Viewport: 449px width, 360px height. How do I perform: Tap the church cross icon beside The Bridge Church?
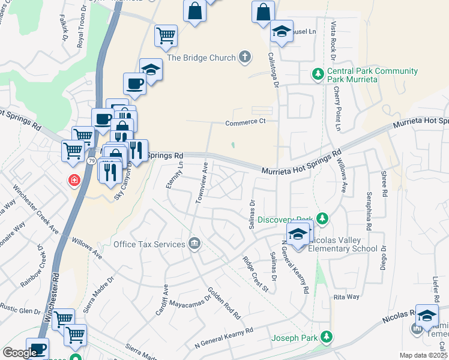244,58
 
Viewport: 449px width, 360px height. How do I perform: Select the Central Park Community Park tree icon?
318,75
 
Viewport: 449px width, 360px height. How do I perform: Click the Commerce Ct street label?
245,124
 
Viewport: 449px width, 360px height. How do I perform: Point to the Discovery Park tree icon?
323,218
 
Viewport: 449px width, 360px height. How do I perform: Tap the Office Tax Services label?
149,244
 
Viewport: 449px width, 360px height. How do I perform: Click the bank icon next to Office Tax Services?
194,243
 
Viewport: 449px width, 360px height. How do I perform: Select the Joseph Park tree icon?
326,337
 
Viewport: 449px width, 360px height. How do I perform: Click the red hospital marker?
74,179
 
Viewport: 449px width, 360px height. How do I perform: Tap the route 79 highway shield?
91,161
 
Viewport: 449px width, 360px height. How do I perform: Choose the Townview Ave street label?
202,182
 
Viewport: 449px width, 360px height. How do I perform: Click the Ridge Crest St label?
255,274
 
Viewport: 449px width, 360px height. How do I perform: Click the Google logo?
19,352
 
